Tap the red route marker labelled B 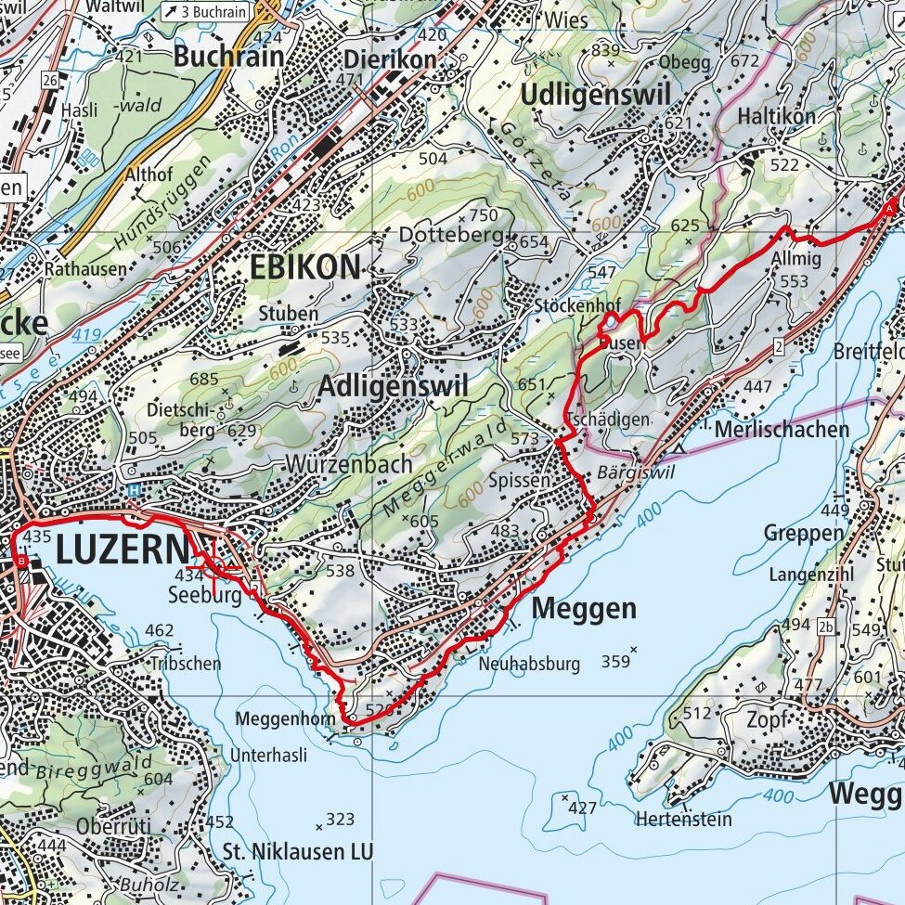(21, 562)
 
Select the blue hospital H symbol (135, 490)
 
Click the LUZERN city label (121, 550)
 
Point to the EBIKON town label (304, 268)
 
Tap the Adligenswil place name (393, 389)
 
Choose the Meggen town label (585, 609)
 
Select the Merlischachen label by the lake (782, 429)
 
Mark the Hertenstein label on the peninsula (683, 819)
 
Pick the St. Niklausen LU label (297, 851)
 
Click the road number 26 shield (50, 81)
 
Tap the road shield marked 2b (826, 627)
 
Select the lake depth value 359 (615, 661)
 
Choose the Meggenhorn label (278, 718)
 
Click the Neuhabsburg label (529, 665)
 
